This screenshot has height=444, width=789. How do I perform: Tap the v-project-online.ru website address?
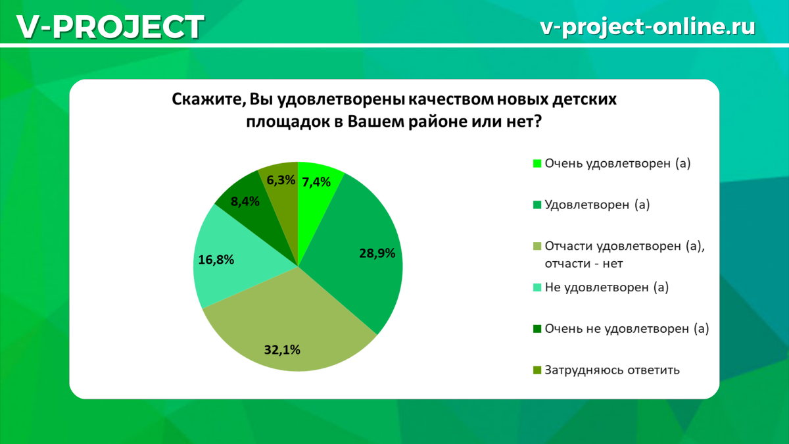[x=647, y=26]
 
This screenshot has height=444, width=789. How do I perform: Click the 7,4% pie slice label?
[x=316, y=182]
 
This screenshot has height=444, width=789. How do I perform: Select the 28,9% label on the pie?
[x=377, y=253]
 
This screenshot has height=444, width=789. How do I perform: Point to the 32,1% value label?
[x=282, y=350]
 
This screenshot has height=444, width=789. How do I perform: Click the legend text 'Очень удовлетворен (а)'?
[x=617, y=164]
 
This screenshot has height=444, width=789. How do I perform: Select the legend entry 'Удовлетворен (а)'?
[x=597, y=205]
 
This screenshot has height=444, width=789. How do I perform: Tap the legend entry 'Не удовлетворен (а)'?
[x=606, y=287]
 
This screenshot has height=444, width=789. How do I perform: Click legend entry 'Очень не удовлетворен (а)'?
[x=627, y=328]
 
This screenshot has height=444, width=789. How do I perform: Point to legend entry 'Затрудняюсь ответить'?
[x=611, y=370]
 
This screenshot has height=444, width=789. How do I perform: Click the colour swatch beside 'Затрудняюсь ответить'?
[x=537, y=370]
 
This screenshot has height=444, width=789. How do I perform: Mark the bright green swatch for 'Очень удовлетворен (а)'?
[x=537, y=164]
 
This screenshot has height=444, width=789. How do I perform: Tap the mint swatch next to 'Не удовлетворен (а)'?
[x=537, y=288]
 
